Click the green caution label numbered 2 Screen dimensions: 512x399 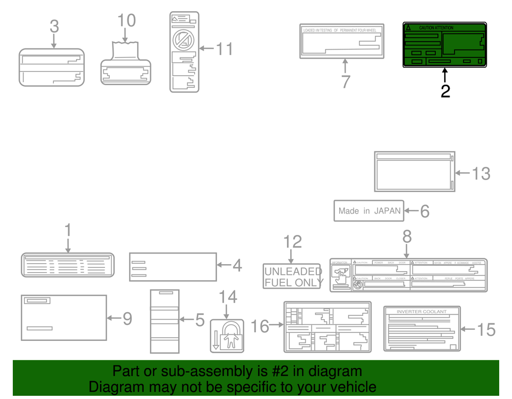pyautogui.click(x=444, y=45)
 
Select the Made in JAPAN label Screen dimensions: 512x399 pyautogui.click(x=369, y=211)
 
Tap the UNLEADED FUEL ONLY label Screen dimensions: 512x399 pyautogui.click(x=292, y=276)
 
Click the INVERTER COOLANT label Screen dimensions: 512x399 pyautogui.click(x=421, y=328)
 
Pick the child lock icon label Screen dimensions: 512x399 pyautogui.click(x=227, y=336)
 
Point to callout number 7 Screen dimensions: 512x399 pyautogui.click(x=346, y=82)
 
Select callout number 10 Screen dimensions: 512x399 pyautogui.click(x=126, y=21)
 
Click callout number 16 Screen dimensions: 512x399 pyautogui.click(x=260, y=326)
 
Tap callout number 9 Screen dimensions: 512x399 pyautogui.click(x=127, y=319)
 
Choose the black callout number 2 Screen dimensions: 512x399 pyautogui.click(x=445, y=91)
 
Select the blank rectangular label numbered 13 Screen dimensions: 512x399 pyautogui.click(x=414, y=171)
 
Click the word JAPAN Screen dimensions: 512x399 pyautogui.click(x=387, y=211)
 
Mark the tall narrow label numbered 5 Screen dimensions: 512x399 pyautogui.click(x=164, y=321)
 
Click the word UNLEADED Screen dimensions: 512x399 pyautogui.click(x=293, y=271)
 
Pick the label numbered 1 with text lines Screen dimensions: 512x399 pyautogui.click(x=68, y=265)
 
